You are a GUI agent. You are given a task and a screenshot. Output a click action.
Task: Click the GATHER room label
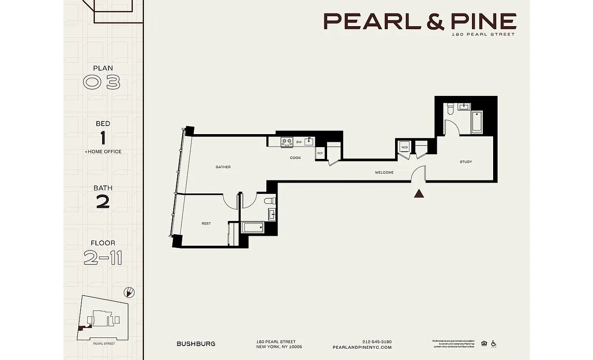tap(223, 167)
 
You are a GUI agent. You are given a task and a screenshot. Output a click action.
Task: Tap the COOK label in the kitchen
tap(295, 158)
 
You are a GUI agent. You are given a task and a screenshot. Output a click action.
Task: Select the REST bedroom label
tap(206, 224)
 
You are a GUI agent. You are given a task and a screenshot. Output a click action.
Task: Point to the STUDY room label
tap(466, 162)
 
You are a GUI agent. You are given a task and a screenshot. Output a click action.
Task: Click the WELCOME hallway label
tap(384, 172)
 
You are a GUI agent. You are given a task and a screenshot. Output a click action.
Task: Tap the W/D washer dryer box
tap(404, 147)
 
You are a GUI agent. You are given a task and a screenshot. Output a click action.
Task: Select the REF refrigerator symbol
tap(320, 153)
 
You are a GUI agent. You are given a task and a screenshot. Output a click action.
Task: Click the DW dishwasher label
tap(299, 142)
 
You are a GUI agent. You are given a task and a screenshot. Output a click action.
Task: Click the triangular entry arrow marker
tap(419, 194)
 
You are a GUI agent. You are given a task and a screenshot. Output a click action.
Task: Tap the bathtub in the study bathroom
tap(476, 122)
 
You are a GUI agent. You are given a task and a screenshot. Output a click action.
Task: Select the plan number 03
tap(102, 83)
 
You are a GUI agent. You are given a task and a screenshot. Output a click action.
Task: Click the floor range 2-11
tap(103, 258)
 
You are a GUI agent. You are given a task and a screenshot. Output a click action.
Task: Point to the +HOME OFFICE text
tap(103, 152)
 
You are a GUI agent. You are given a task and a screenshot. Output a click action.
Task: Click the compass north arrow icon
tap(129, 292)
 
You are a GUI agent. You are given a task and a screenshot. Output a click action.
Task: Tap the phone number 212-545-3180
tap(377, 342)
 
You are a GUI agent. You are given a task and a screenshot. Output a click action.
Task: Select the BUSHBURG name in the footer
tap(196, 344)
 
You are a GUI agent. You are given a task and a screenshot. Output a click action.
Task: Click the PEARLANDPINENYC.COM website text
tap(362, 347)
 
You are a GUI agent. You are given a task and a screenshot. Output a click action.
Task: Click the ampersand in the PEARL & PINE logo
tap(422, 21)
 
